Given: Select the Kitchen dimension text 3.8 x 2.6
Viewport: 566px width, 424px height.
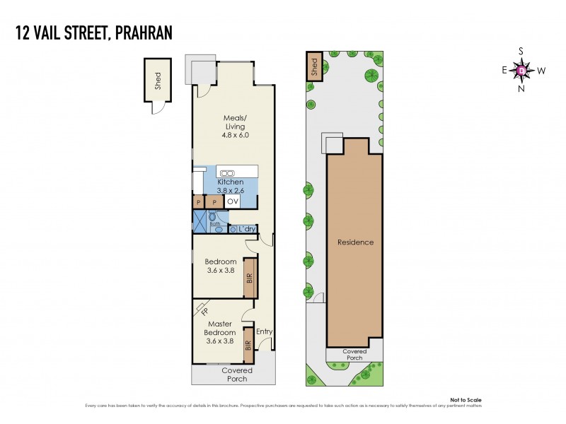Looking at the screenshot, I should point(229,190).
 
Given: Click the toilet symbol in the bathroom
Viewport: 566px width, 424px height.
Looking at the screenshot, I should point(212,217).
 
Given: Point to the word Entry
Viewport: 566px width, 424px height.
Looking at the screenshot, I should point(264,331).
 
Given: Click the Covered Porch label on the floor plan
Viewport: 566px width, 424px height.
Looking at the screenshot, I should point(237,375).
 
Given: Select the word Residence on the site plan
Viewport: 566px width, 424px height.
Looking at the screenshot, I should point(354,242).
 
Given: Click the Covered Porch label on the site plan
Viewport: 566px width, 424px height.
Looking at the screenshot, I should point(354,355).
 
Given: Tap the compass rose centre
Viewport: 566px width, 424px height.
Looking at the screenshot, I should point(521,70).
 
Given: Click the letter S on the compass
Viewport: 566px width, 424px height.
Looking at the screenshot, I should point(521,51).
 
